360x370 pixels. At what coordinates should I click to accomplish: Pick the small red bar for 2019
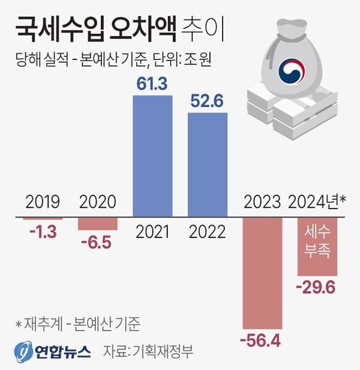coord(43,219)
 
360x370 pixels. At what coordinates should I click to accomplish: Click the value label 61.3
coord(152,86)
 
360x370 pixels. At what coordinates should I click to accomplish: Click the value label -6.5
coord(98,243)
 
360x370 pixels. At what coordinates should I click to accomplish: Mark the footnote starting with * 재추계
coord(78,324)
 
